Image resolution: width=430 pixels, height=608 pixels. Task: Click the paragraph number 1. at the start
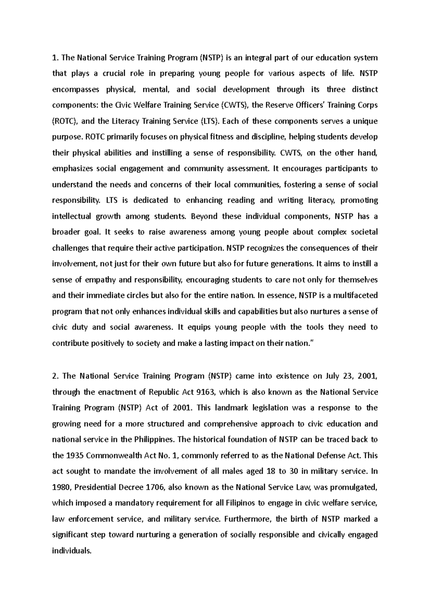[x=55, y=58]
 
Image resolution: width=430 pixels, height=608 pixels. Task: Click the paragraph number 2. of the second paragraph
[x=55, y=376]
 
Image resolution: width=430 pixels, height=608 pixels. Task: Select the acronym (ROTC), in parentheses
[x=66, y=121]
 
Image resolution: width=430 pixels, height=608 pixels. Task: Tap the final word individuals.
[x=72, y=551]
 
